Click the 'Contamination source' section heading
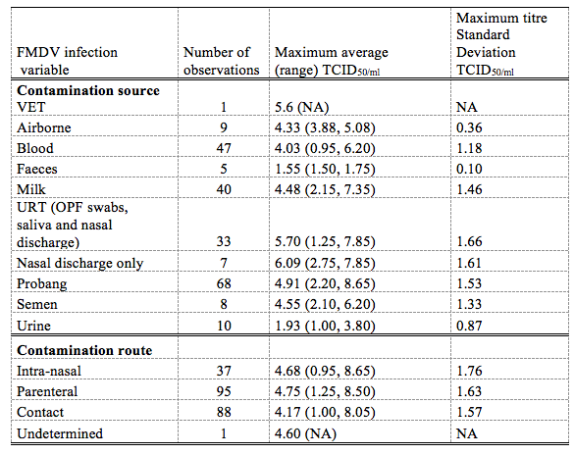point(88,91)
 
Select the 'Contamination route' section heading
point(84,350)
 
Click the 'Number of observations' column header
point(221,61)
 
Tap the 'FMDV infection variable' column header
point(67,61)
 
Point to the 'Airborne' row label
point(44,127)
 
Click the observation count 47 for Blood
point(224,148)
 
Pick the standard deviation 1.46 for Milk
point(469,189)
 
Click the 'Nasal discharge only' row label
point(79,264)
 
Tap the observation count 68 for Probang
point(224,283)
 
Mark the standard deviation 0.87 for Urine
point(469,326)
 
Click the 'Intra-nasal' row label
point(49,371)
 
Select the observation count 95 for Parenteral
point(224,391)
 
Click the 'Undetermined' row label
point(60,433)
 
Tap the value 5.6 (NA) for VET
point(301,107)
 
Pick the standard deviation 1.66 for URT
point(469,241)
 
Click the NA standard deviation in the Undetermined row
point(467,433)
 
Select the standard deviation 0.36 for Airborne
point(469,127)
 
